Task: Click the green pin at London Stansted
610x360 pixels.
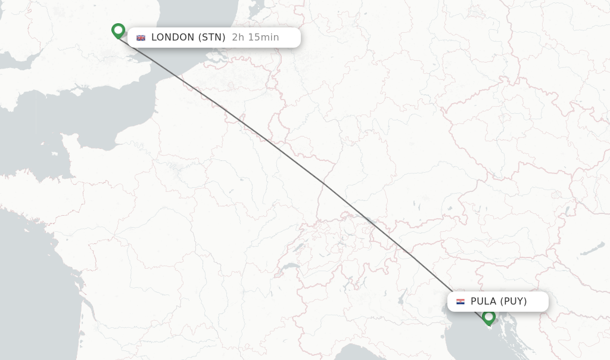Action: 118,30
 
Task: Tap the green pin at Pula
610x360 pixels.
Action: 489,316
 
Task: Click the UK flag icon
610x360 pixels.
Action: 141,38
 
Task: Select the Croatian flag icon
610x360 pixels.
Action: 460,302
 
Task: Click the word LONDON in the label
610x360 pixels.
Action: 173,38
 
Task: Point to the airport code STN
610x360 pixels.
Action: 212,38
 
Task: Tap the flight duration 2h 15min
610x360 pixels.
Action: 256,38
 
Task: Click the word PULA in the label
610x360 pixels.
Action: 483,302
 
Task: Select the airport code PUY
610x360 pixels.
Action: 513,302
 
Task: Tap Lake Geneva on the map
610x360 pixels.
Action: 290,266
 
